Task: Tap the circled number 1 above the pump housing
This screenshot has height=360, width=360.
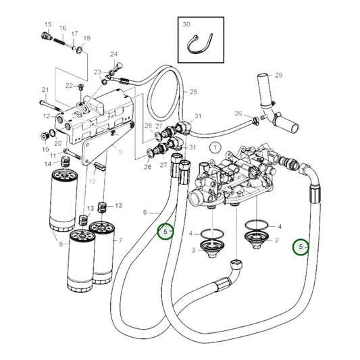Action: [x=213, y=147]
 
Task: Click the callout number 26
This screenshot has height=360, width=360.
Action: [x=238, y=113]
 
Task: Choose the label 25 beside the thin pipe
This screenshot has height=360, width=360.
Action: [x=193, y=92]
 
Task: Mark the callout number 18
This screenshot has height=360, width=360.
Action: [x=86, y=38]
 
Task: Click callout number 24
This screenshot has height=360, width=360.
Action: [x=113, y=54]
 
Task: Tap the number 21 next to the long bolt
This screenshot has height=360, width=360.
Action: [x=45, y=90]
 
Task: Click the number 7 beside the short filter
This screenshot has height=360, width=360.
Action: [x=120, y=240]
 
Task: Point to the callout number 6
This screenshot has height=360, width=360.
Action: [x=145, y=212]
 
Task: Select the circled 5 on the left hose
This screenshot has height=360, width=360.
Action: [x=165, y=232]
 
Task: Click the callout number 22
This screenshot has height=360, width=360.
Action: [x=69, y=85]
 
